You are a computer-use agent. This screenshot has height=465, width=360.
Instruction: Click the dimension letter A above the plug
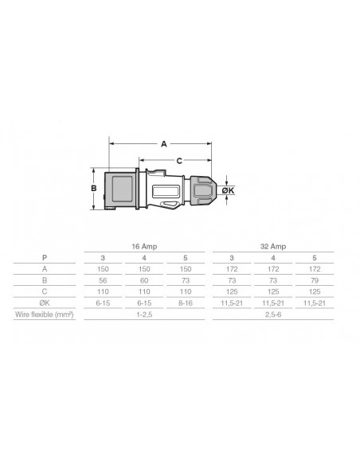click(164, 144)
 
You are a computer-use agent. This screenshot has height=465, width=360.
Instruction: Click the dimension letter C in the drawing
click(179, 161)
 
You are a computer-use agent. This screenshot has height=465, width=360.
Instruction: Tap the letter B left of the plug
click(94, 189)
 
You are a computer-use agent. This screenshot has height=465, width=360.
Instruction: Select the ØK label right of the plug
click(229, 190)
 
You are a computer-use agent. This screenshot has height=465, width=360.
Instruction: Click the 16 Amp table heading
click(144, 247)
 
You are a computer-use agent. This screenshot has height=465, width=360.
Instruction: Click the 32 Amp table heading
click(273, 247)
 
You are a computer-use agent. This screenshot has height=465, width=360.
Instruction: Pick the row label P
click(45, 258)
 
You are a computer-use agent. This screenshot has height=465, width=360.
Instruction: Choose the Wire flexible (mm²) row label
click(45, 315)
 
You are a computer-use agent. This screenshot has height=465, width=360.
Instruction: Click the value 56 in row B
click(103, 280)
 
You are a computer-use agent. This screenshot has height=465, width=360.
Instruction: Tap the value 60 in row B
click(144, 280)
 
